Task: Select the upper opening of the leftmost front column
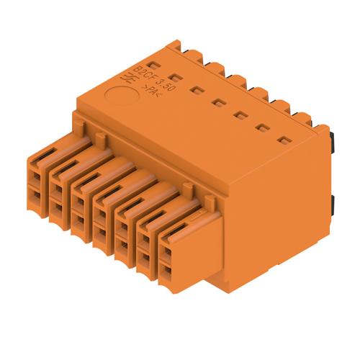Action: pos(36,172)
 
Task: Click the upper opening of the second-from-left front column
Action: pos(57,186)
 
